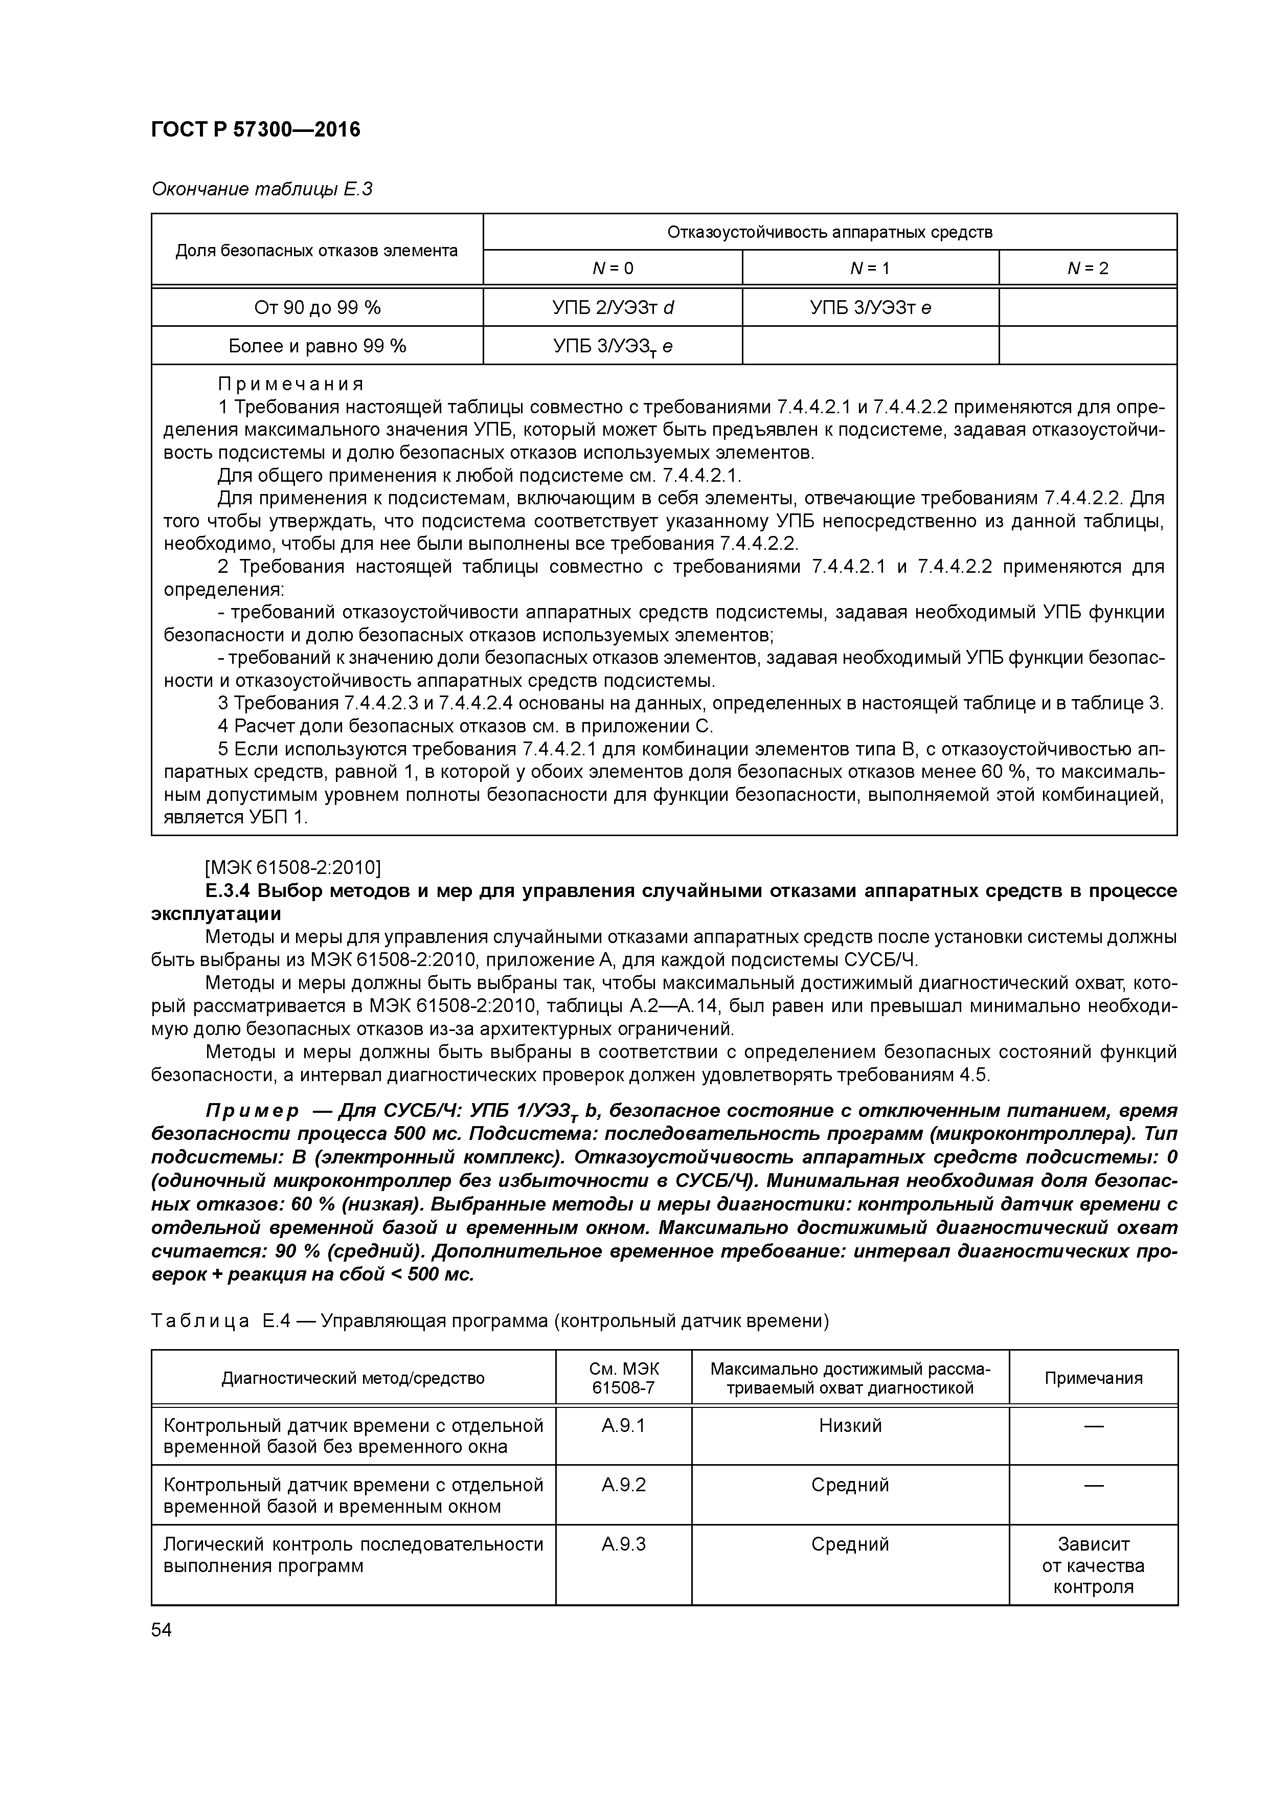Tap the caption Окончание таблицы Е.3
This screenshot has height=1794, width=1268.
[261, 189]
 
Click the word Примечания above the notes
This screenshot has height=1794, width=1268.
[290, 385]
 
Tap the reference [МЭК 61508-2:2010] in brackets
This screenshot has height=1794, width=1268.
[292, 867]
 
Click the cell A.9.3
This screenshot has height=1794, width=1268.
[623, 1544]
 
